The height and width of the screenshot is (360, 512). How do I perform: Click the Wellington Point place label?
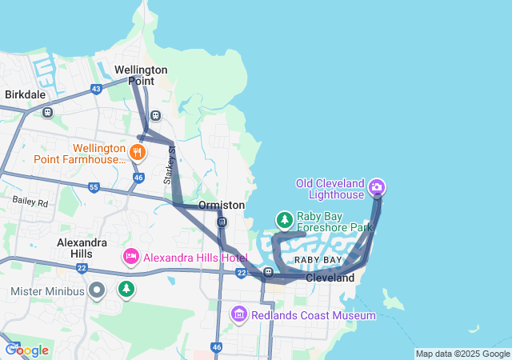coord(141,75)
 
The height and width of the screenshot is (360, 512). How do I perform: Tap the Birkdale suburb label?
coord(25,94)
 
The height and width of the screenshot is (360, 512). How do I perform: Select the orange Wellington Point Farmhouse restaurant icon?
coord(138,150)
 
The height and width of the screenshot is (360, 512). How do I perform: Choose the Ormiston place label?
coord(222,206)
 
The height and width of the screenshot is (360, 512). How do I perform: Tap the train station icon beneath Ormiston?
coord(222,222)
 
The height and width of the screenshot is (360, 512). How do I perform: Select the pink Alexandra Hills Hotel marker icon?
coord(130,257)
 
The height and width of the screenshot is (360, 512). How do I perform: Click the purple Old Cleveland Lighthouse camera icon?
coord(377,188)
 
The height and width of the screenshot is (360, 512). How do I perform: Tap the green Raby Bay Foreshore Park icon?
coord(284,219)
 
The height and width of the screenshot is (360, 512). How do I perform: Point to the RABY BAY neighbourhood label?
coord(318,261)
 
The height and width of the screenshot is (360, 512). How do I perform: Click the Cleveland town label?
coord(330,278)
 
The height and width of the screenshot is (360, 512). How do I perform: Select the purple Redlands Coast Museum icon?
coord(238,314)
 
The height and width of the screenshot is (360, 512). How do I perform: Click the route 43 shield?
coord(96,89)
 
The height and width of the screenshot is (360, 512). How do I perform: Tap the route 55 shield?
coord(94,187)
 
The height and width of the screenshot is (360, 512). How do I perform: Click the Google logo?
coord(27,350)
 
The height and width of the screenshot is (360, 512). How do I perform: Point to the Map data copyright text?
coord(462,354)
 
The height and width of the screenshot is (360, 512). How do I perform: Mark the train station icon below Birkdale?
coord(47,113)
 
